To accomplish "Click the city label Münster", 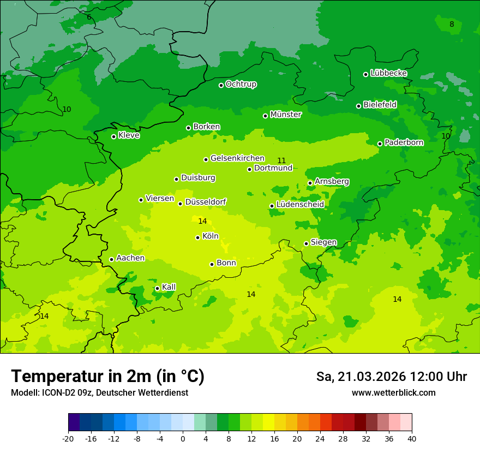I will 285,115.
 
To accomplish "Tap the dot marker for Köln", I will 197,237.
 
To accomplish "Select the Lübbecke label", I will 388,73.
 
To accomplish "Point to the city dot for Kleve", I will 113,136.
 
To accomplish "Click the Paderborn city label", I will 404,142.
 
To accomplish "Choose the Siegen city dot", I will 306,243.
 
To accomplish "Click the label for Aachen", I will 130,258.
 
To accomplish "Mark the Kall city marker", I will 157,288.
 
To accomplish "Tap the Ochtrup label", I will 241,84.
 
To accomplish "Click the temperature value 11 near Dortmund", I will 281,160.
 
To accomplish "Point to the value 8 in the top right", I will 452,24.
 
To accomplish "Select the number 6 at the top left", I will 89,17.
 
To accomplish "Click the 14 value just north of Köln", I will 202,221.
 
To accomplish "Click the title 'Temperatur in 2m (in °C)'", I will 107,377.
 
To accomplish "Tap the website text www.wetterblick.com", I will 393,393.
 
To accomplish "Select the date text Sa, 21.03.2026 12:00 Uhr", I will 391,377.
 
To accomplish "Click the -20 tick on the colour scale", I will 68,438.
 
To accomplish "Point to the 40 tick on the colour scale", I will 412,438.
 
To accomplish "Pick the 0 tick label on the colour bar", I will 183,438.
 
